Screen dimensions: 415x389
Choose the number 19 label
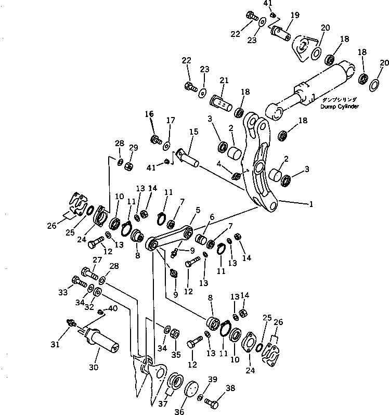pyautogui.click(x=294, y=15)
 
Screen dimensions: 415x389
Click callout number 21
pyautogui.click(x=224, y=80)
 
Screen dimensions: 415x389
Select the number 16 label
pyautogui.click(x=149, y=114)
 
